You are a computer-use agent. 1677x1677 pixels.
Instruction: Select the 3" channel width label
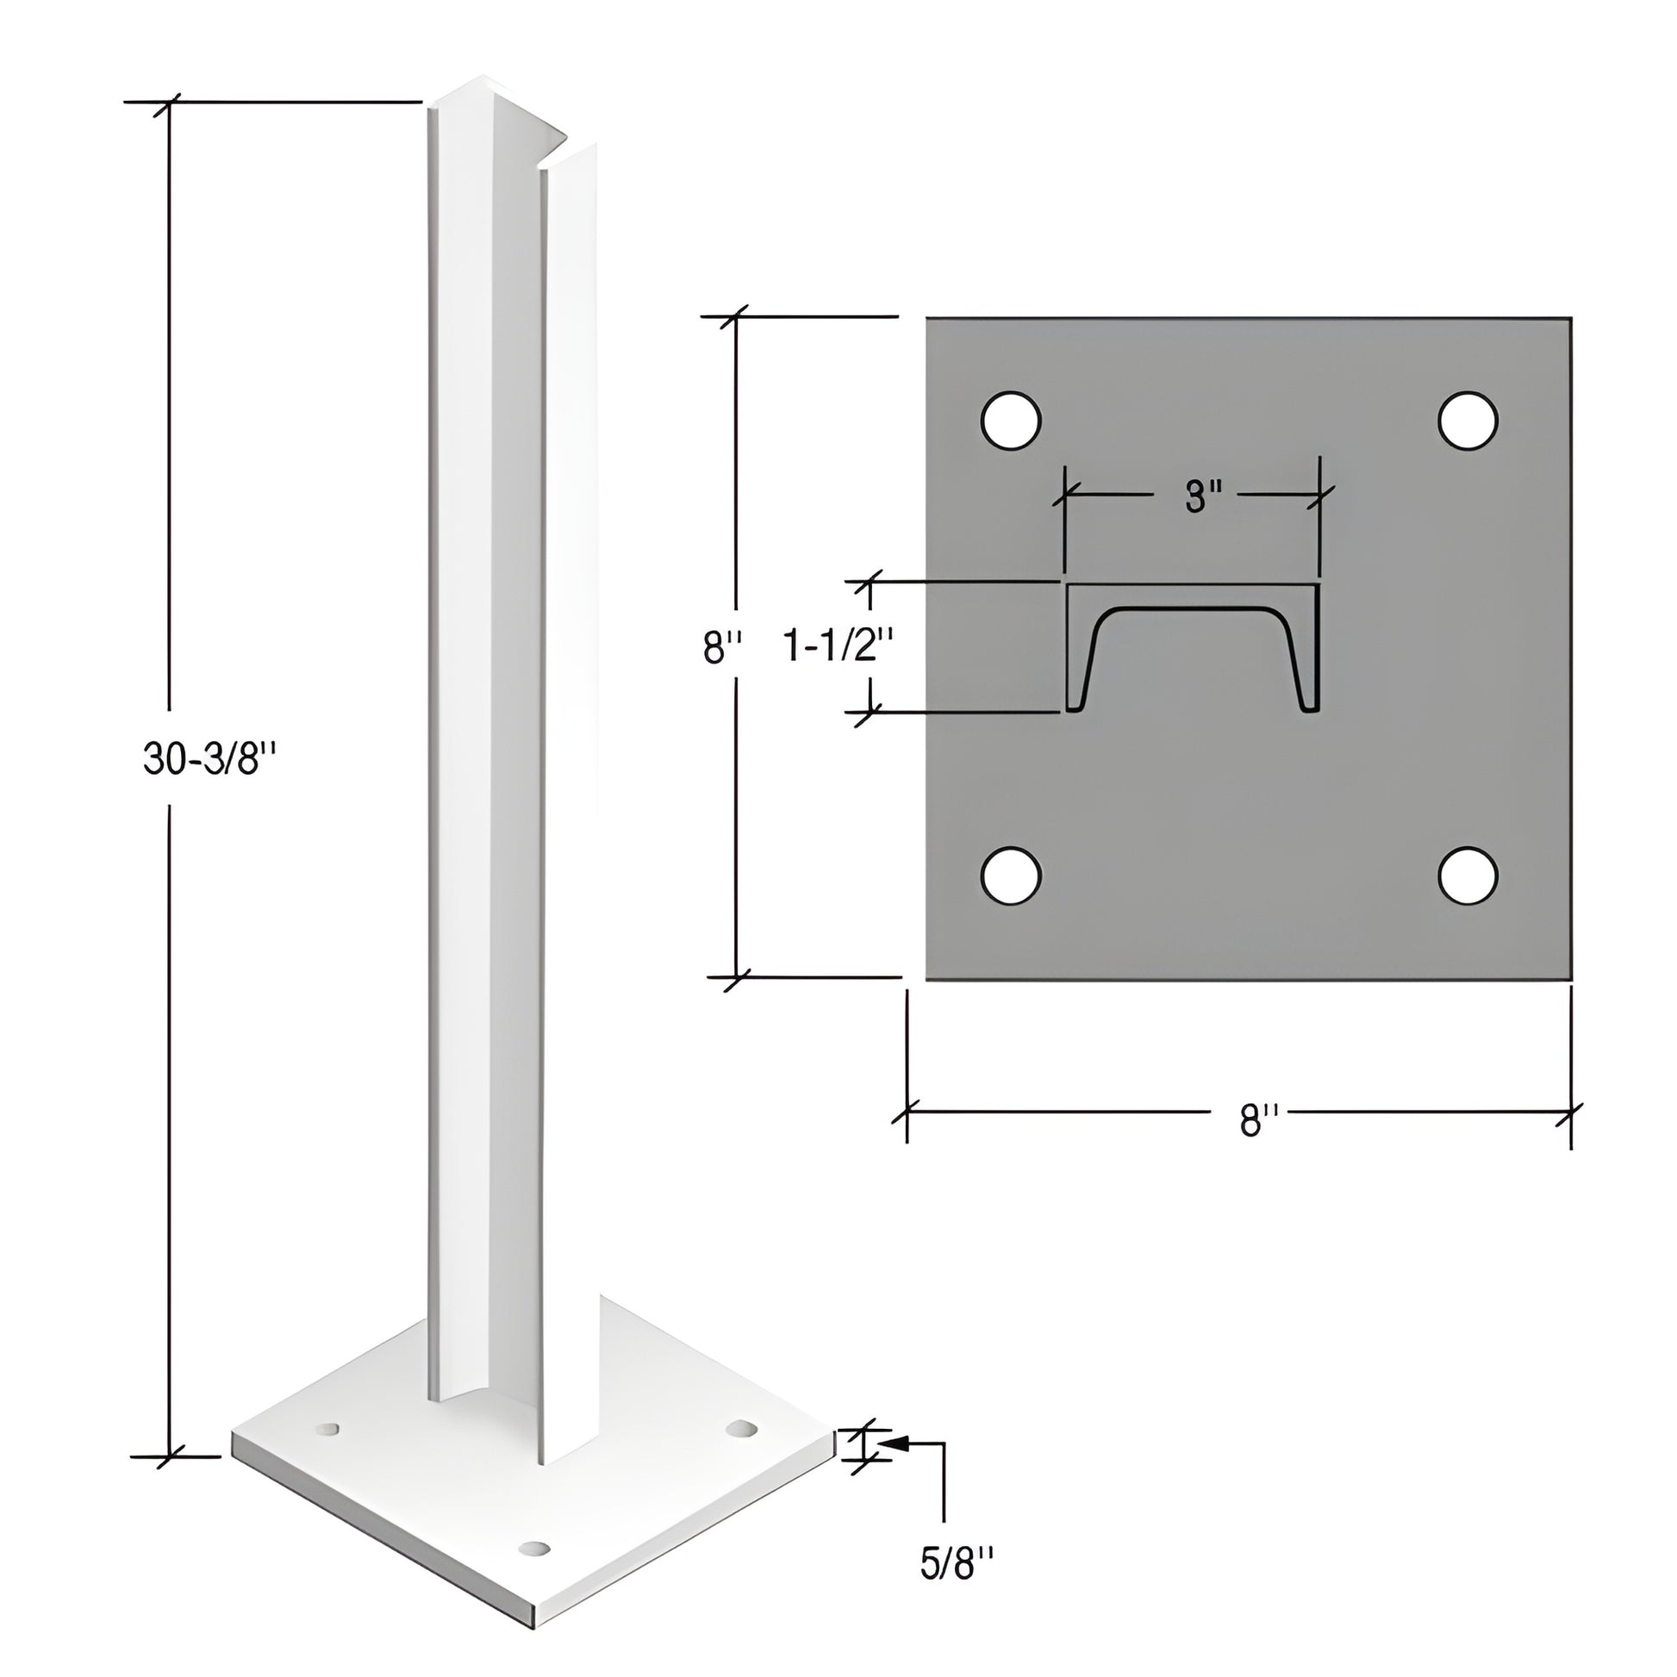click(x=1203, y=496)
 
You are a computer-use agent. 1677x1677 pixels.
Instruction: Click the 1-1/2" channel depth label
click(x=838, y=645)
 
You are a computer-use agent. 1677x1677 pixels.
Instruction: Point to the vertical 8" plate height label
click(x=722, y=646)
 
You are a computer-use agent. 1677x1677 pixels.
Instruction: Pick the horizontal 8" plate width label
click(x=1260, y=1119)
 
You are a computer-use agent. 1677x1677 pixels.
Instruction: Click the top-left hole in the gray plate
click(x=1010, y=421)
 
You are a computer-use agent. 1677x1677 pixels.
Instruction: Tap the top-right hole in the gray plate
click(x=1468, y=421)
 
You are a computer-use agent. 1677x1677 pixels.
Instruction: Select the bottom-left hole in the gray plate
click(x=1010, y=876)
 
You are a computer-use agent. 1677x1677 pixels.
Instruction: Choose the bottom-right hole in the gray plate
click(x=1468, y=876)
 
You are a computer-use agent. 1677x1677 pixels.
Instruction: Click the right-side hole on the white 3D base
click(x=741, y=1429)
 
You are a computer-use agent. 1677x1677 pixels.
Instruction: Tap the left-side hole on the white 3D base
click(x=327, y=1428)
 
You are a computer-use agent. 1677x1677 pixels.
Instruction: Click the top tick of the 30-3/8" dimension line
click(x=168, y=103)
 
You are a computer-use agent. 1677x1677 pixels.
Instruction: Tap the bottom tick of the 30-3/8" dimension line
click(x=168, y=1456)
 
